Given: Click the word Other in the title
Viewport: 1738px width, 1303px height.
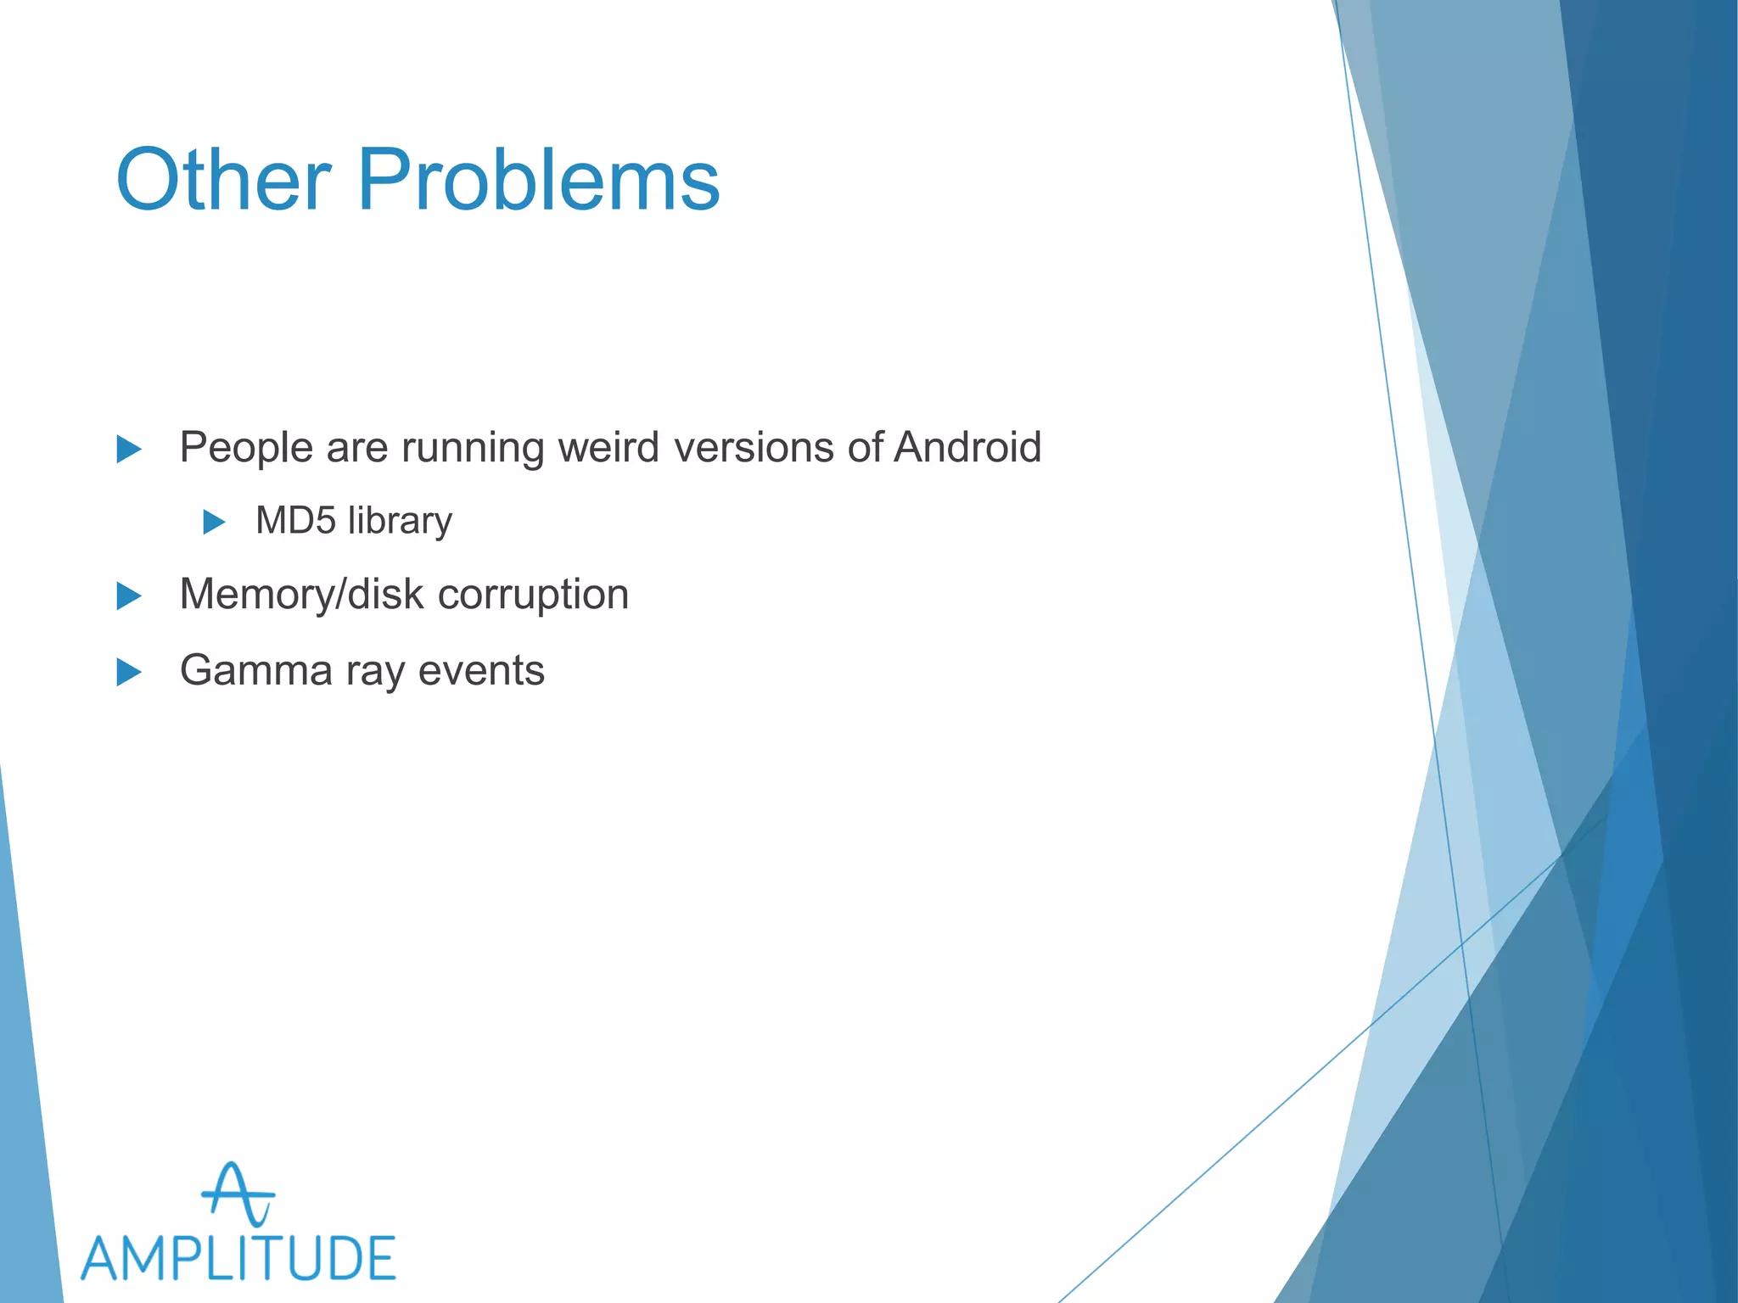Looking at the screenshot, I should pyautogui.click(x=222, y=180).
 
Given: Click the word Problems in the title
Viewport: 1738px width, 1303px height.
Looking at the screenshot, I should pyautogui.click(x=538, y=180).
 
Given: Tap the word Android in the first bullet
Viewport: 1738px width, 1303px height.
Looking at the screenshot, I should pyautogui.click(x=967, y=447).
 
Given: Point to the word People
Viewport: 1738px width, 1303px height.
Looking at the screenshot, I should pyautogui.click(x=246, y=447).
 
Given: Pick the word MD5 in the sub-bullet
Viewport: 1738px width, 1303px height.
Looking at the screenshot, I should pyautogui.click(x=295, y=520).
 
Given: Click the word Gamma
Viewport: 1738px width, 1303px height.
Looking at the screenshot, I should pyautogui.click(x=255, y=670).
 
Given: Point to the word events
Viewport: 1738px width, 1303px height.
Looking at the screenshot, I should pyautogui.click(x=481, y=670).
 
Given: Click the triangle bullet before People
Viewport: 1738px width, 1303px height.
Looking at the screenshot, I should pyautogui.click(x=128, y=449).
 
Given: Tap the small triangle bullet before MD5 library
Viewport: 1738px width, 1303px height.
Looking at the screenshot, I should pyautogui.click(x=214, y=522).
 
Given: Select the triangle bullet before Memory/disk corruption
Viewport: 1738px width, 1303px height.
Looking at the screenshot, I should pyautogui.click(x=128, y=596).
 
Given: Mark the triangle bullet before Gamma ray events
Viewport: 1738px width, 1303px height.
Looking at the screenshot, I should pyautogui.click(x=128, y=672).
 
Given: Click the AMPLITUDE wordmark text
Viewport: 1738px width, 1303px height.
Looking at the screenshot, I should pyautogui.click(x=238, y=1258).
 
